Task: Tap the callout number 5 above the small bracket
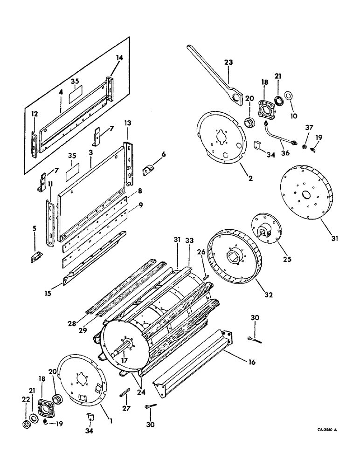click(x=34, y=229)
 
